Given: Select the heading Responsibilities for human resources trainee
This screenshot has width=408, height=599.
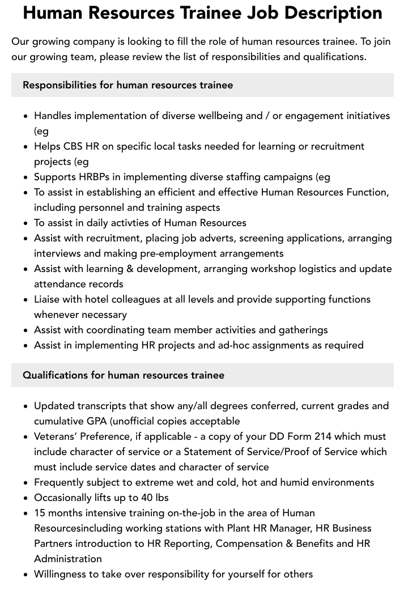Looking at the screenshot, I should pyautogui.click(x=127, y=85).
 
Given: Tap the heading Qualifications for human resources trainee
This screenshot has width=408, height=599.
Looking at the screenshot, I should pyautogui.click(x=123, y=375).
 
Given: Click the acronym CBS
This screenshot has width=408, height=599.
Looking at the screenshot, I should pyautogui.click(x=73, y=146).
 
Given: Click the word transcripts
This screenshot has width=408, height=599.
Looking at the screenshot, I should pyautogui.click(x=104, y=406).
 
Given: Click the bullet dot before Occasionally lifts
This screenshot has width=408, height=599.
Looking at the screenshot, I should pyautogui.click(x=26, y=498).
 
